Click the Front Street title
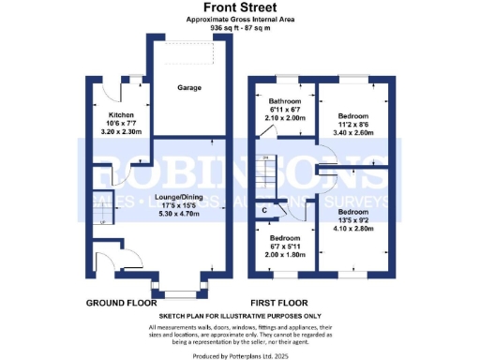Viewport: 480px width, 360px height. tap(239, 7)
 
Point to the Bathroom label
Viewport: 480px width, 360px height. tap(285, 100)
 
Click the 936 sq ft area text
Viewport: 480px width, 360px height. tap(239, 28)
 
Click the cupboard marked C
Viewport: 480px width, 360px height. tap(266, 210)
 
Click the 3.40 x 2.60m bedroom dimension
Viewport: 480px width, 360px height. tap(351, 132)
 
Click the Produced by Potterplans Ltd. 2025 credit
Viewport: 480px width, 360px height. tap(239, 354)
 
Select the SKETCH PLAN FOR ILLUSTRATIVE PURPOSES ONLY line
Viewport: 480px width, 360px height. tap(239, 318)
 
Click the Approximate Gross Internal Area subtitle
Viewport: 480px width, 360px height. tap(239, 19)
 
